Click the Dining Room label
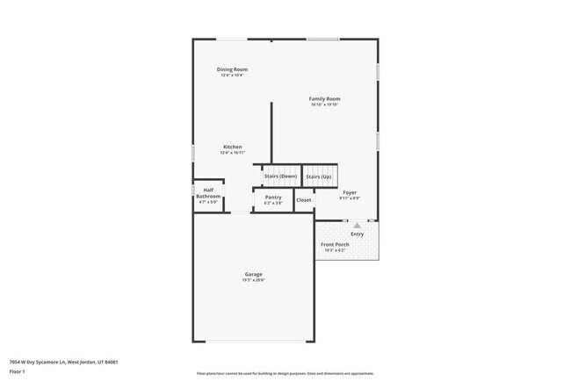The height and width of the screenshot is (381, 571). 232,68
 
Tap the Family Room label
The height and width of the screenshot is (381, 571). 324,98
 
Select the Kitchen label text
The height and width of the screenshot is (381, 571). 232,147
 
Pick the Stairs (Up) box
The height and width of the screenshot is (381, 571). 319,176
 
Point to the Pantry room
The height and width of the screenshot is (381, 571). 273,199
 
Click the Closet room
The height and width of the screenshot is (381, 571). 304,200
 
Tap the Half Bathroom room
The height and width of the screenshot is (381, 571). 208,195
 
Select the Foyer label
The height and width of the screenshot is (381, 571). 349,191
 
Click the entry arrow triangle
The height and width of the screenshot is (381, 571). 357,226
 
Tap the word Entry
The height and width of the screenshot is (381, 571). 357,234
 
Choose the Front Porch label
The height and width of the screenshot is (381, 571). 335,245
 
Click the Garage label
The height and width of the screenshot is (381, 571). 253,274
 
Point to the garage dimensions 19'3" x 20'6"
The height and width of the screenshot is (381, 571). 253,280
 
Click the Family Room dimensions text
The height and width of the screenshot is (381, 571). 324,104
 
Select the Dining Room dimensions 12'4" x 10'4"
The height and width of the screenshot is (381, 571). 232,75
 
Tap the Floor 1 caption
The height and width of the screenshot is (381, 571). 18,370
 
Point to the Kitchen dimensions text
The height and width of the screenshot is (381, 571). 232,153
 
